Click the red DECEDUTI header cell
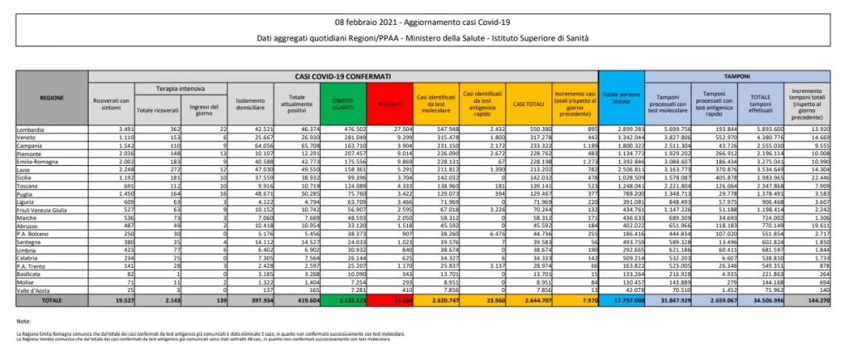pyautogui.click(x=386, y=103)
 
